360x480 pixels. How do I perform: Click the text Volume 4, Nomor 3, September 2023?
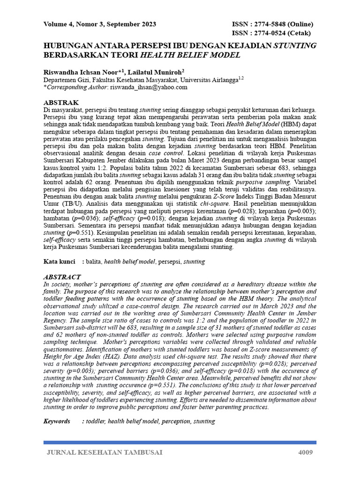coord(100,24)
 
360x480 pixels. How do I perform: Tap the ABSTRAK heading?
coord(61,102)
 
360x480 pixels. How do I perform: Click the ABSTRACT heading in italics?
coord(62,277)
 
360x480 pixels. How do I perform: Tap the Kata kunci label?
coord(60,262)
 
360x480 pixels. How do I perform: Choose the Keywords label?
coord(57,421)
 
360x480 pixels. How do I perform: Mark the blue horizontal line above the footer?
coord(180,442)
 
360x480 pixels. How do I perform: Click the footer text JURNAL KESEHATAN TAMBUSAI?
coord(105,452)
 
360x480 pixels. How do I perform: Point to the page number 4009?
coord(305,452)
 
